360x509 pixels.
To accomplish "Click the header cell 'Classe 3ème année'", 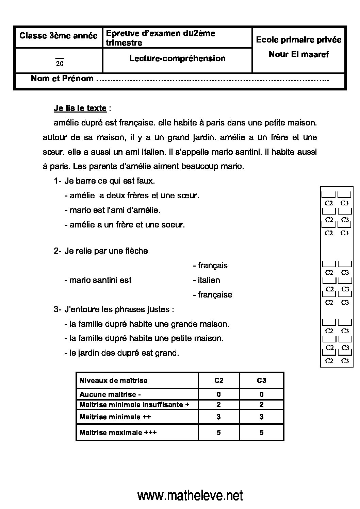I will pos(59,36).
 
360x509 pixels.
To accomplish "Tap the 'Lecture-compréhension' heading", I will pos(177,58).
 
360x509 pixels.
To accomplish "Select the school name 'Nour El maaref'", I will pos(298,54).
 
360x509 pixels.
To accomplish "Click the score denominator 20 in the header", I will pos(60,63).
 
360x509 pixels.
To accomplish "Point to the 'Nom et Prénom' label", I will pos(62,79).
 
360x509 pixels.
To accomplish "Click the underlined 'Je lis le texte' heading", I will pos(80,108).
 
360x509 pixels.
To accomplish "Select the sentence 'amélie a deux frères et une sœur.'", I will pos(134,196).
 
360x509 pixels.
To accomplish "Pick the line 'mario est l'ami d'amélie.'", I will pos(115,210).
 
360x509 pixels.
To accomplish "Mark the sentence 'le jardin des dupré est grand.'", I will pos(124,353).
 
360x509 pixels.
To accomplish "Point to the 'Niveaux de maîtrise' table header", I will pos(113,380).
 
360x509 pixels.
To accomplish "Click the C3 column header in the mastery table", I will pos(261,380).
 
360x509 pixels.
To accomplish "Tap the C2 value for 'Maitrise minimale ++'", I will pos(218,417).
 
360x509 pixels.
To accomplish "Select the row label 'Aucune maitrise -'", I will pos(110,394).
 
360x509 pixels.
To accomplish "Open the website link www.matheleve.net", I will pos(190,496).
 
